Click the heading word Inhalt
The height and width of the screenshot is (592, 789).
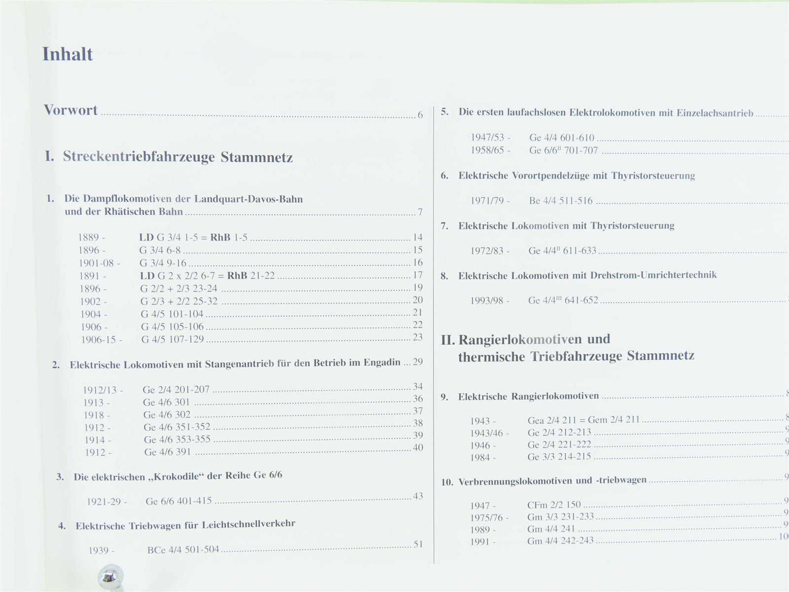pyautogui.click(x=68, y=54)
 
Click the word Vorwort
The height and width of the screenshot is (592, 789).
pyautogui.click(x=71, y=110)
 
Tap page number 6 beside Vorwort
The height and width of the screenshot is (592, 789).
pyautogui.click(x=420, y=115)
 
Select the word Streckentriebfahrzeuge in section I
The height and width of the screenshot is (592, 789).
pyautogui.click(x=139, y=157)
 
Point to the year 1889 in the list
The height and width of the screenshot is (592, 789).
pyautogui.click(x=89, y=237)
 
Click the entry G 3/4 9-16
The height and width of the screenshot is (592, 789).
pyautogui.click(x=163, y=263)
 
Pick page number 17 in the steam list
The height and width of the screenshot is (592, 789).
pyautogui.click(x=418, y=275)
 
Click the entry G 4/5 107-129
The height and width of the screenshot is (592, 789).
pyautogui.click(x=172, y=339)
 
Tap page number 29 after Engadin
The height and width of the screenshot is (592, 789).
pyautogui.click(x=418, y=362)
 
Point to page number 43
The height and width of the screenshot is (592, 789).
pyautogui.click(x=418, y=496)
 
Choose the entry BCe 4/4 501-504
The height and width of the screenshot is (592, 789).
pyautogui.click(x=183, y=550)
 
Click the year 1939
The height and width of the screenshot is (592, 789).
pyautogui.click(x=99, y=551)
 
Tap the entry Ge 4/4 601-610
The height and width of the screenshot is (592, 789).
pyautogui.click(x=562, y=138)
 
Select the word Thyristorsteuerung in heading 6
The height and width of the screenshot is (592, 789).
pyautogui.click(x=653, y=176)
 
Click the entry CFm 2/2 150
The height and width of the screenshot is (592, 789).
pyautogui.click(x=554, y=505)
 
